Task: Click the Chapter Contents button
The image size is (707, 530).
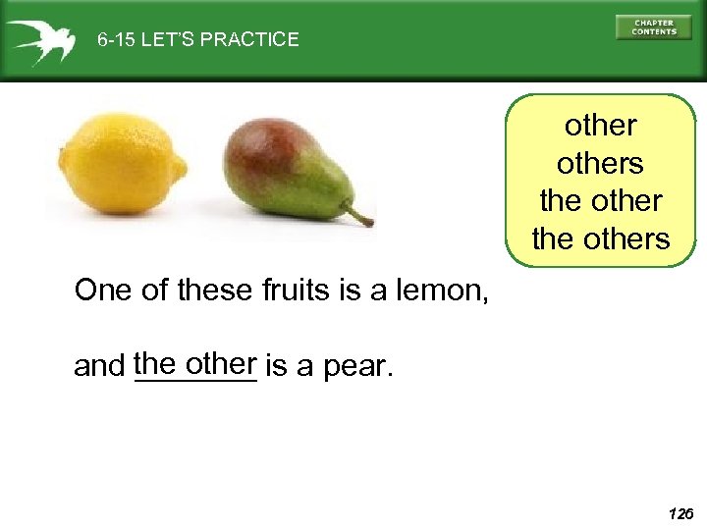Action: point(653,27)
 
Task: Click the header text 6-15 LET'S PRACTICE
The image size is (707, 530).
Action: point(197,40)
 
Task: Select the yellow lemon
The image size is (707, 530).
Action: point(120,163)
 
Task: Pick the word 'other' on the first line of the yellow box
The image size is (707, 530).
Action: point(600,126)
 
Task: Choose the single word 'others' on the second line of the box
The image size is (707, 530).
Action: point(600,163)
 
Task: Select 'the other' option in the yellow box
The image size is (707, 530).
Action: point(600,200)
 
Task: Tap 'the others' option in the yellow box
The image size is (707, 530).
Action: point(600,238)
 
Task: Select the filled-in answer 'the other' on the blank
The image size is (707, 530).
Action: point(194,363)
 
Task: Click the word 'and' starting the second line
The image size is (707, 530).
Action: point(99,369)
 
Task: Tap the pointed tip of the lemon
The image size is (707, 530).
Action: point(182,167)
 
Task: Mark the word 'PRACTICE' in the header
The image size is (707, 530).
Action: point(251,40)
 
